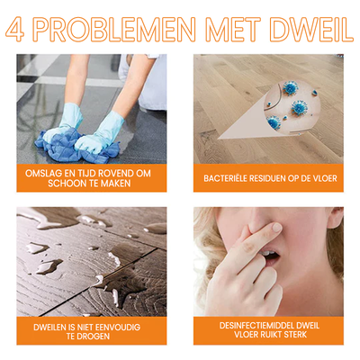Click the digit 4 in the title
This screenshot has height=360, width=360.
click(16, 29)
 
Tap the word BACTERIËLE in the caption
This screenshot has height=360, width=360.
click(230, 178)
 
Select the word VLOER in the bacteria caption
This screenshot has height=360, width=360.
click(325, 178)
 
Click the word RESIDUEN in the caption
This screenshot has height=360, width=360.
click(275, 178)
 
